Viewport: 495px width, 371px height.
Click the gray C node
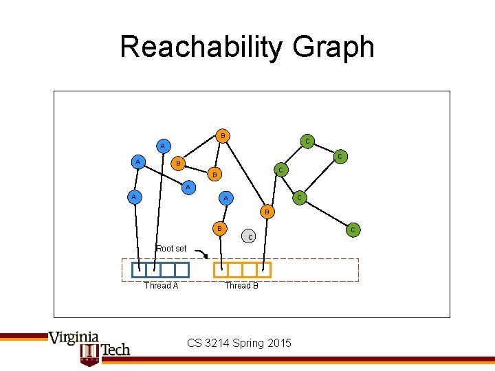tap(250, 237)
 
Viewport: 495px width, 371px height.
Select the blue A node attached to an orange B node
tap(162, 146)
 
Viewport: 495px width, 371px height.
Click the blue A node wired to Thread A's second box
tap(162, 146)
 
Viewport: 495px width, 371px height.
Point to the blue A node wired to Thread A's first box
tap(138, 162)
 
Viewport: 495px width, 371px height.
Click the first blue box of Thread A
tap(139, 269)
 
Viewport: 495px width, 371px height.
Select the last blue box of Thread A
tap(181, 269)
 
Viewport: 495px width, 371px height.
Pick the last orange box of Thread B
tap(264, 269)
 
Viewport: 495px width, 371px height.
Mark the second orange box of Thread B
tap(236, 269)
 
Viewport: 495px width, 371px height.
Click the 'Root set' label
tap(170, 248)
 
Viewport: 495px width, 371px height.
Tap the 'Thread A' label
tap(161, 286)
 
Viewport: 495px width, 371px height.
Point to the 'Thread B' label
tap(241, 286)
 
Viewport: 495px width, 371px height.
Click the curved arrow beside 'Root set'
tap(201, 255)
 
